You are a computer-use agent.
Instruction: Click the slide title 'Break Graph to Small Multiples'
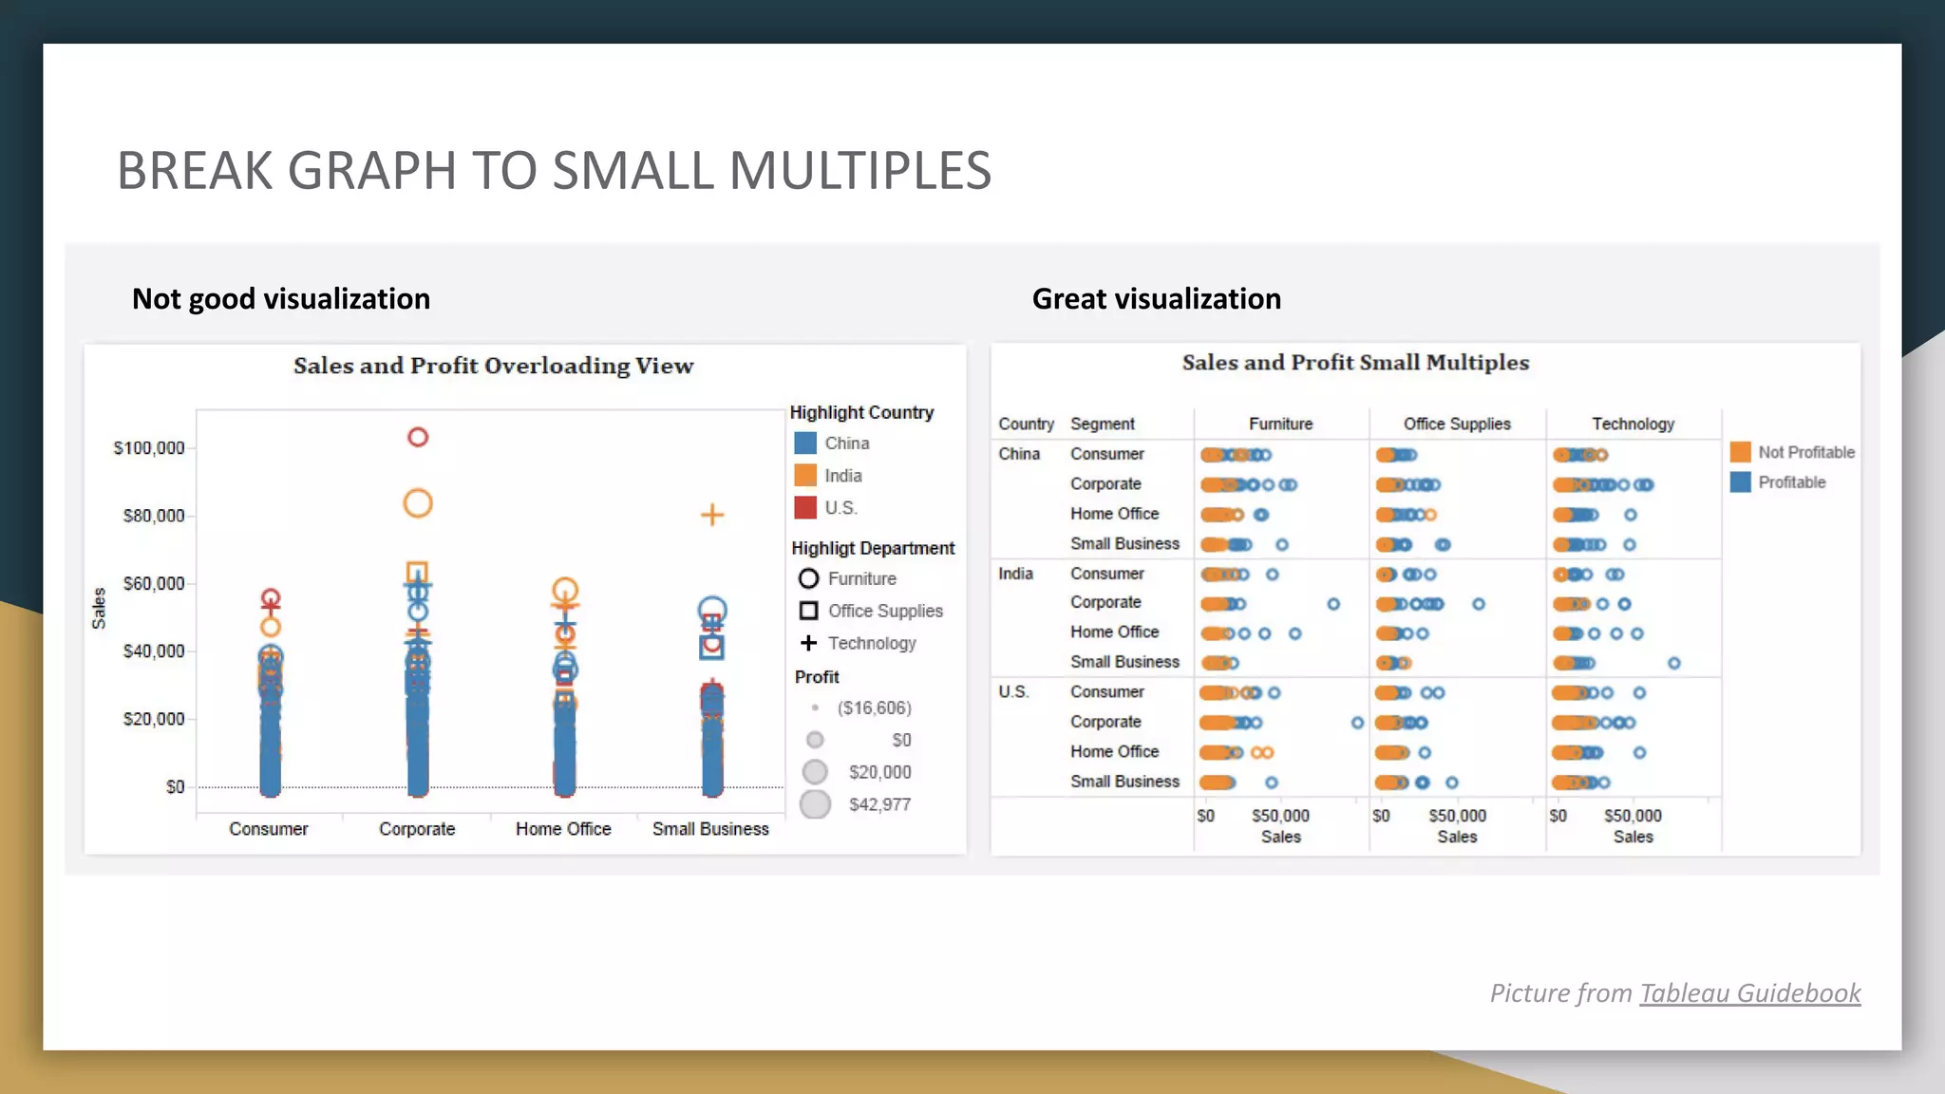pos(554,171)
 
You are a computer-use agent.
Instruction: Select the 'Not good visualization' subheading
pos(281,299)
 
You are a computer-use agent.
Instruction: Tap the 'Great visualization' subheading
pos(1156,299)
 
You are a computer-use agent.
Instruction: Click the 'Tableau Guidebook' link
pos(1749,993)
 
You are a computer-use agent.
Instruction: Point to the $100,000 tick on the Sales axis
pos(149,448)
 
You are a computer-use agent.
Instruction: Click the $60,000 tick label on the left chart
pos(154,583)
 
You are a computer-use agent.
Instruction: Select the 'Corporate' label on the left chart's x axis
pos(417,829)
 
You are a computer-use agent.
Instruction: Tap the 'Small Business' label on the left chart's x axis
pos(710,829)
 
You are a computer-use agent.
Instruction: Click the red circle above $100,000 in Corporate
pos(418,437)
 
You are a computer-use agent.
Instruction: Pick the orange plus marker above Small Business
pos(712,515)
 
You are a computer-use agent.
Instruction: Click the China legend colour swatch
pos(805,443)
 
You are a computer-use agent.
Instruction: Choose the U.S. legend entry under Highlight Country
pos(840,508)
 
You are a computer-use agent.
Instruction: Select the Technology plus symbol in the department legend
pos(808,643)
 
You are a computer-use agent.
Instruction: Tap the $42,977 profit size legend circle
pos(815,804)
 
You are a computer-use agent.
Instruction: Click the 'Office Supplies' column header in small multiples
pos(1457,424)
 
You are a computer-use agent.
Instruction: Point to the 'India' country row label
pos(1015,574)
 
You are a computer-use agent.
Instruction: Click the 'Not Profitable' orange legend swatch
pos(1741,452)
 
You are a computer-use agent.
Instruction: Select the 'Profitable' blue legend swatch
pos(1741,482)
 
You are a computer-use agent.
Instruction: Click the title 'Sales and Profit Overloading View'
pos(493,366)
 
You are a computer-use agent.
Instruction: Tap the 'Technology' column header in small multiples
pos(1633,424)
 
